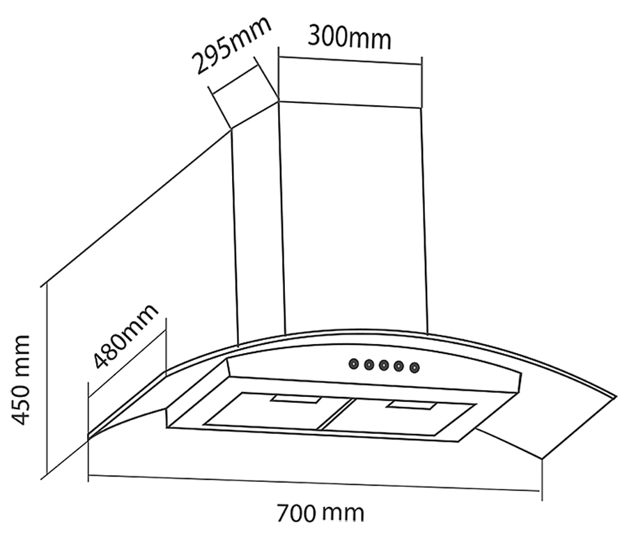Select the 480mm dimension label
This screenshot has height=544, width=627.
coord(126,336)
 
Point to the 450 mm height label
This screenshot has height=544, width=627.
coord(20,380)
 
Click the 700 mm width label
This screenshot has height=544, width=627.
coord(320,513)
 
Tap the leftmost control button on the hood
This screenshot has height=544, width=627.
coord(353,364)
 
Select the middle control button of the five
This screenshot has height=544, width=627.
coord(384,365)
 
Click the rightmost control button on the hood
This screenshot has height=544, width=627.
coord(415,367)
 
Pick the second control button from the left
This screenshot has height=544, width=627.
coord(369,364)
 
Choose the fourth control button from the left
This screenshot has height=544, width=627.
coord(398,366)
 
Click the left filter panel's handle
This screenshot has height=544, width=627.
coord(296,399)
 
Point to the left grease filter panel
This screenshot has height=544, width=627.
coord(276,411)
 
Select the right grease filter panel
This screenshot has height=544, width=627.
coord(398,417)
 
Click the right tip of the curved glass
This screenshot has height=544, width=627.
coord(617,397)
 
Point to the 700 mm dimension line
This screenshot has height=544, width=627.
coord(314,483)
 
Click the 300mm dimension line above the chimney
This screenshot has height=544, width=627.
coord(350,61)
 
